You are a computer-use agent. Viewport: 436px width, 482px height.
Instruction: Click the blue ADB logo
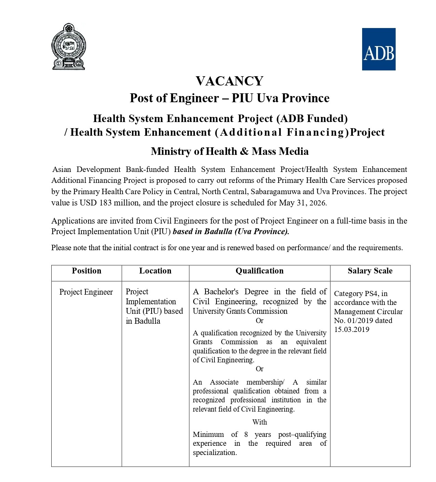click(379, 49)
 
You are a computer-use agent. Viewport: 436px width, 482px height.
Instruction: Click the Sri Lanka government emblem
click(68, 46)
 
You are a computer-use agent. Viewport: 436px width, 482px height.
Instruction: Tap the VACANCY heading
click(229, 81)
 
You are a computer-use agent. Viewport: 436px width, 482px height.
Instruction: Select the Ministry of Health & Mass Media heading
click(229, 151)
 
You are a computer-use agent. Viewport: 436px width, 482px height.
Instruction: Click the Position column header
click(87, 271)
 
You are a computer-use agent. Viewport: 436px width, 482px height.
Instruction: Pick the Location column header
click(155, 271)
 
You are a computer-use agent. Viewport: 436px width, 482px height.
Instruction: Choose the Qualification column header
click(260, 271)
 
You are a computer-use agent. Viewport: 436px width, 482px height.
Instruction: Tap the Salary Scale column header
click(370, 271)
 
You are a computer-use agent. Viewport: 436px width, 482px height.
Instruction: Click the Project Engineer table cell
click(86, 292)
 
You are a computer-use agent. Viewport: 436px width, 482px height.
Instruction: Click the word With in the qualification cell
click(260, 422)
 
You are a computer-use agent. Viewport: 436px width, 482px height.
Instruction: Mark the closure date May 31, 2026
click(303, 203)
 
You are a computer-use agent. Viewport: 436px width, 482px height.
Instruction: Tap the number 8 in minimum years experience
click(246, 434)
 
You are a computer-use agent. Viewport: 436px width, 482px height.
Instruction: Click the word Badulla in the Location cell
click(147, 321)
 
